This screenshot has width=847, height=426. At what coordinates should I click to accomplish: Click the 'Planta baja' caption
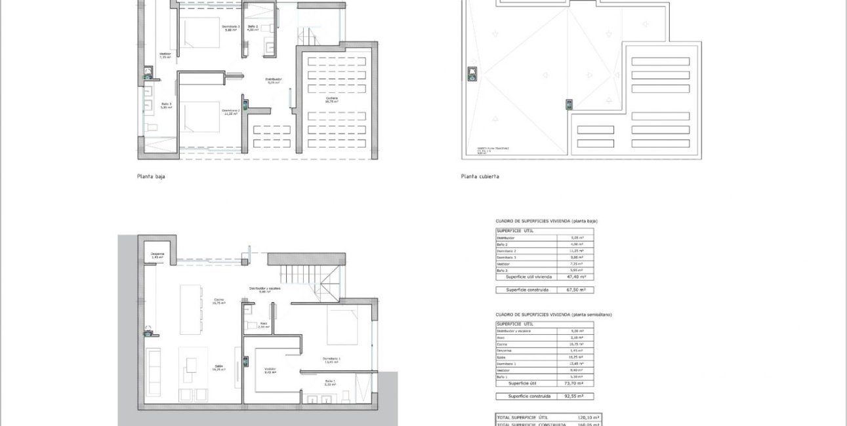[x=151, y=176]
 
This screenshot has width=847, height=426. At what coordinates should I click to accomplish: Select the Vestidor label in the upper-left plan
[x=165, y=55]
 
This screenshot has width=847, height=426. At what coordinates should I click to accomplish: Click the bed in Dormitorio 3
[x=200, y=33]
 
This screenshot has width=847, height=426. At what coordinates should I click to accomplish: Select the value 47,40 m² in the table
[x=576, y=277]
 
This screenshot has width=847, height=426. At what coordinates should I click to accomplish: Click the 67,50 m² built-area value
[x=576, y=289]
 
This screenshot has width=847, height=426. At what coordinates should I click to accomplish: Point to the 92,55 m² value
[x=576, y=397]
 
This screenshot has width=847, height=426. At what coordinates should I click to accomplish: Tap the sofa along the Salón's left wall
[x=154, y=371]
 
